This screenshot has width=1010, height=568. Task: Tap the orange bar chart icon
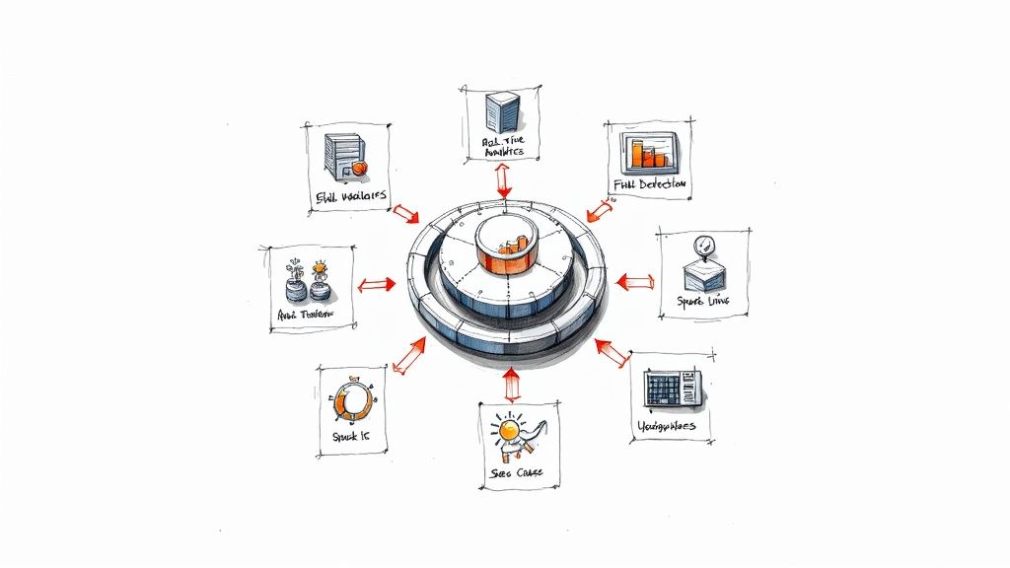646,154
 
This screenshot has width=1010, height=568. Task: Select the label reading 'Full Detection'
650,184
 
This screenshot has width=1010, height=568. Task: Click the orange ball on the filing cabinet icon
360,169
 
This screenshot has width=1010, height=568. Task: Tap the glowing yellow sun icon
510,430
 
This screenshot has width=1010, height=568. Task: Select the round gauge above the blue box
701,246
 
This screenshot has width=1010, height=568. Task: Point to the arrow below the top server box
504,180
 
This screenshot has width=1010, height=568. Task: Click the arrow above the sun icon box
510,383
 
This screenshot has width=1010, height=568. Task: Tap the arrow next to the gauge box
634,282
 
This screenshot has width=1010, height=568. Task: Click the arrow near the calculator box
613,352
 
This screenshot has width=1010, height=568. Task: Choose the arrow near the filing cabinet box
405,212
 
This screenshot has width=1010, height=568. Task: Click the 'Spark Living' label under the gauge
702,299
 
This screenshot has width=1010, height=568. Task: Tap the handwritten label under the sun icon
517,473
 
